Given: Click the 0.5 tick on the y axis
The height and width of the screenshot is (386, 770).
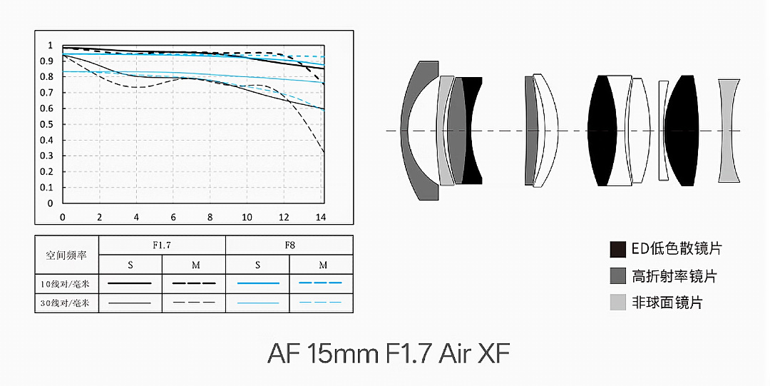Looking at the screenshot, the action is pyautogui.click(x=46, y=124).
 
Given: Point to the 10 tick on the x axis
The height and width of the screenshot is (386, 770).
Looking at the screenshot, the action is pyautogui.click(x=247, y=217).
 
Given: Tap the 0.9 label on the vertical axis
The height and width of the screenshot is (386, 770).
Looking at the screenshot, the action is pyautogui.click(x=46, y=61).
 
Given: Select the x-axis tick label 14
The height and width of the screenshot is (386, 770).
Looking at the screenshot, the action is pyautogui.click(x=321, y=217).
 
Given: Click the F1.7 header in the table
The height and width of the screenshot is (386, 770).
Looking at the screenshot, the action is pyautogui.click(x=162, y=245).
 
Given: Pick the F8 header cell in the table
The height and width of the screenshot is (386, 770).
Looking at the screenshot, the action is pyautogui.click(x=289, y=245).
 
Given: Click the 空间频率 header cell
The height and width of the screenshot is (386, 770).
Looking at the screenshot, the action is pyautogui.click(x=66, y=255).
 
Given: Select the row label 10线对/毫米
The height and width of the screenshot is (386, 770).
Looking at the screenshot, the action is pyautogui.click(x=66, y=284).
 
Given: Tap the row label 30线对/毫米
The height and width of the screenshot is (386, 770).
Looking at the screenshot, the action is pyautogui.click(x=66, y=303).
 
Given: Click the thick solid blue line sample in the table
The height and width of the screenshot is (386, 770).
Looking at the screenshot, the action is pyautogui.click(x=258, y=283).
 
